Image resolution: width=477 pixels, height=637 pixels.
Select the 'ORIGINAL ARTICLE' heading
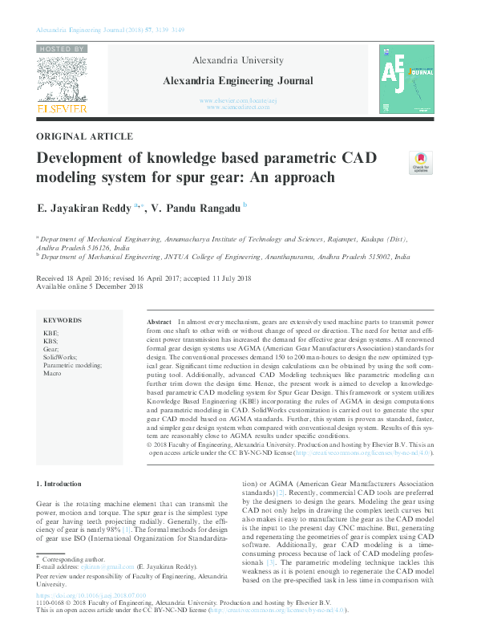85,136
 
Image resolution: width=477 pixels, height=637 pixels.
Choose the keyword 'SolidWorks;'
61,356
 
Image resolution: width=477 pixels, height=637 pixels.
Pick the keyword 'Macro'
52,374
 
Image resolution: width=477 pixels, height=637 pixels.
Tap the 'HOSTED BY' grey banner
61,49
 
